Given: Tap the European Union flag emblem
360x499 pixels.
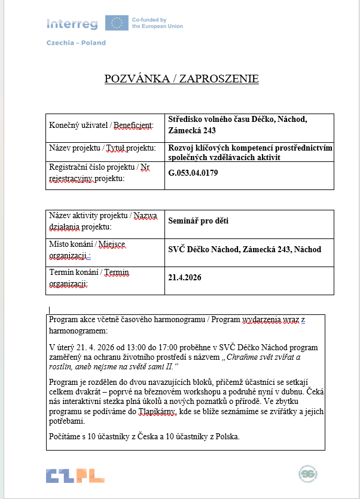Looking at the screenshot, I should [116, 23].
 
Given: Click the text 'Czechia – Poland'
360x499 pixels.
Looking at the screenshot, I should [76, 43].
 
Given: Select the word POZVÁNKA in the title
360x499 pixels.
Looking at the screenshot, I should [136, 79].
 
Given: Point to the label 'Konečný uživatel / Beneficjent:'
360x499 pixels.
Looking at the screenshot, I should [101, 125].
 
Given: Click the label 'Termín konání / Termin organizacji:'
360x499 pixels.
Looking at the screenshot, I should [89, 277].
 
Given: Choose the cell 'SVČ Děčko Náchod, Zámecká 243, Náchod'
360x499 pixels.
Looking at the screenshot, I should [245, 249].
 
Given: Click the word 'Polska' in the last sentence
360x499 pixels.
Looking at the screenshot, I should [225, 436].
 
